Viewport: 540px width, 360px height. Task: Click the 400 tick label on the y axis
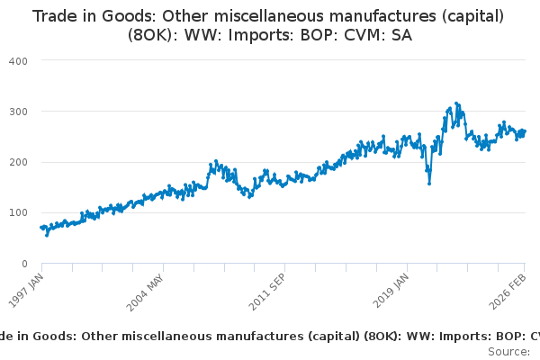18,60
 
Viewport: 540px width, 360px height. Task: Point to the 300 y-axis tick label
18,112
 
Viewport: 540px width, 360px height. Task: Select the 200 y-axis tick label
18,162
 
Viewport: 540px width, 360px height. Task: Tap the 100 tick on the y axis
18,213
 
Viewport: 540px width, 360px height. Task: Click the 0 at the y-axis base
24,264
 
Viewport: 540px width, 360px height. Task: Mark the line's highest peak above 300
457,103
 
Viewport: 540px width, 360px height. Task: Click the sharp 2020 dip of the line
429,184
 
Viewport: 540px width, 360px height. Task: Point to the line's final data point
525,131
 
